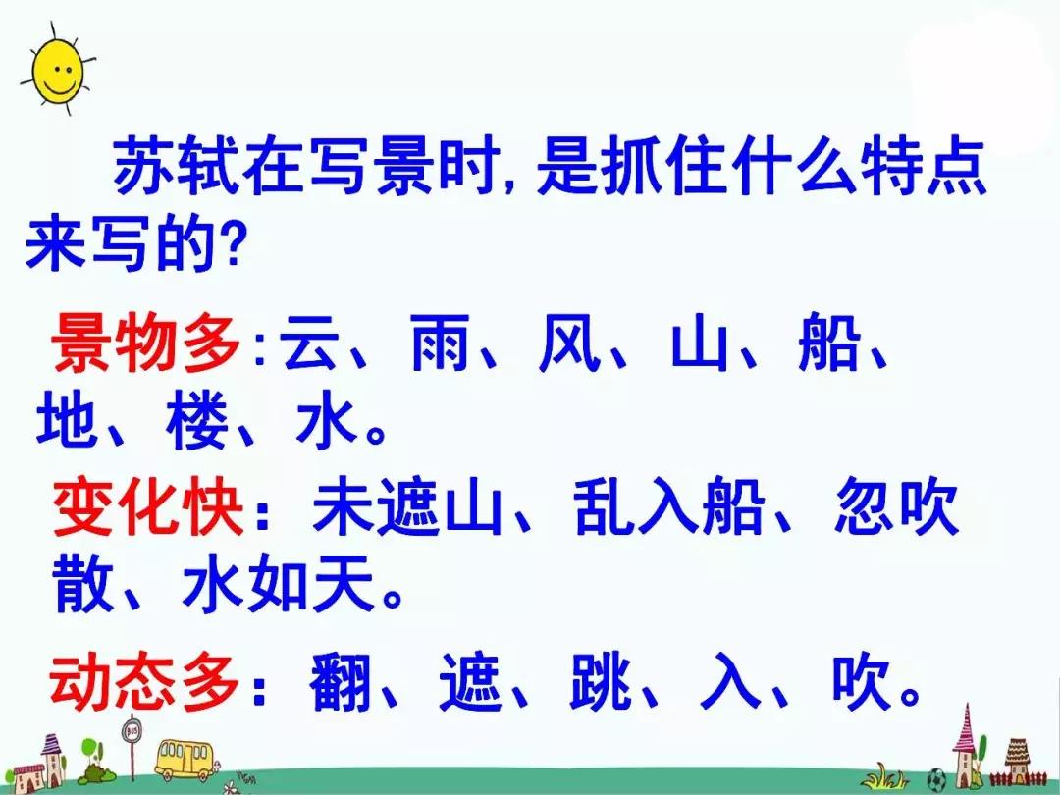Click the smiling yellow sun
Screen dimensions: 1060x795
point(58,69)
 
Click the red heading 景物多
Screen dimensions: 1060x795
point(144,344)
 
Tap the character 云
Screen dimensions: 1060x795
point(310,344)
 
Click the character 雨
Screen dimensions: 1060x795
point(440,344)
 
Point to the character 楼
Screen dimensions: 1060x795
point(197,421)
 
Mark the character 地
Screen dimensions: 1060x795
point(67,421)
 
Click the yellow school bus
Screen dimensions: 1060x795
point(184,759)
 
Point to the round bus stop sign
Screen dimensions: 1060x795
point(132,731)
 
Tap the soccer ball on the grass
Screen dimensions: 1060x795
point(936,778)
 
